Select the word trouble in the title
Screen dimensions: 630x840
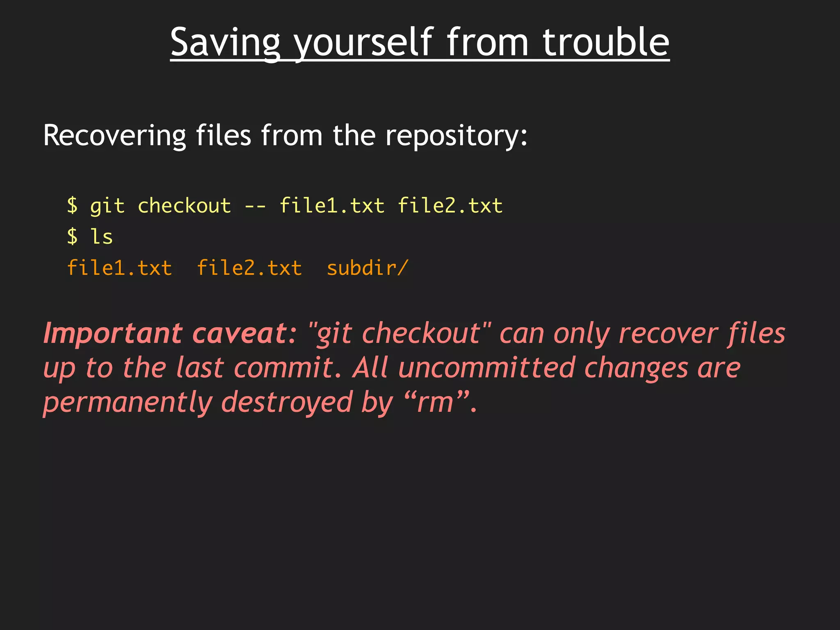(x=606, y=42)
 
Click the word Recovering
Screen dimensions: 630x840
(x=114, y=135)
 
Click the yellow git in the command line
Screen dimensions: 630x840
(x=107, y=206)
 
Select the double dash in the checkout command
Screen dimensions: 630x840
(x=255, y=206)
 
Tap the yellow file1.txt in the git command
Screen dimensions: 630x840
(x=332, y=205)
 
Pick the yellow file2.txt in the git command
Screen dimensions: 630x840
(x=450, y=205)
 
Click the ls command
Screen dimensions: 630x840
(x=101, y=237)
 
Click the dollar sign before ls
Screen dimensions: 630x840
(x=72, y=237)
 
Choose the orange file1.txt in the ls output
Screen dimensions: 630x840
(x=119, y=268)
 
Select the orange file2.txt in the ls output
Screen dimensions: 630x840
(x=249, y=268)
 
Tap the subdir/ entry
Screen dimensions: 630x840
(x=367, y=268)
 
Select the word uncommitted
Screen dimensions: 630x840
(x=487, y=368)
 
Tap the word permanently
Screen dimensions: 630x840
(x=128, y=403)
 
